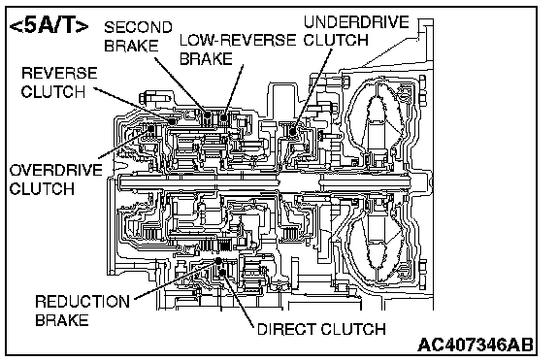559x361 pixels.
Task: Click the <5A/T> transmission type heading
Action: [49, 27]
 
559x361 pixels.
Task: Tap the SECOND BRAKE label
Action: [138, 36]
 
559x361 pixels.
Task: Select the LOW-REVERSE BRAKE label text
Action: [238, 49]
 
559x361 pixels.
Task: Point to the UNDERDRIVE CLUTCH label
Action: [356, 31]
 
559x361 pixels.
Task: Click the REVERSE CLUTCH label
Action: [59, 82]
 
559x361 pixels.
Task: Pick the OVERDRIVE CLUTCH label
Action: [56, 180]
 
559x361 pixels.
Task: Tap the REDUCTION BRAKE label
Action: [82, 311]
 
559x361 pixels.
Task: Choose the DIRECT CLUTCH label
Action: [321, 329]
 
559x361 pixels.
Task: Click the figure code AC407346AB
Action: [476, 345]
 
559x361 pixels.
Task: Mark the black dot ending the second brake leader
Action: [208, 115]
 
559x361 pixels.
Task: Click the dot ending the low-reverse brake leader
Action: [223, 117]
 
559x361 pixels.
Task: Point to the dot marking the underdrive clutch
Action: [293, 132]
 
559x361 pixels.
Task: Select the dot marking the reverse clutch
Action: [172, 121]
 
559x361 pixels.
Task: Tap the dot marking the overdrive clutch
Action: [150, 129]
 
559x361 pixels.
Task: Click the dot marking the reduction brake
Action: [218, 261]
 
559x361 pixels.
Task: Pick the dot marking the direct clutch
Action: [222, 273]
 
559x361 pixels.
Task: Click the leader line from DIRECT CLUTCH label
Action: [238, 300]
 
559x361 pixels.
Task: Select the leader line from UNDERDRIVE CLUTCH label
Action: [312, 90]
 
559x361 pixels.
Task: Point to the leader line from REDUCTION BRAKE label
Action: [176, 280]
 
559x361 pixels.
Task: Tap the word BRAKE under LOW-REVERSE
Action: [206, 59]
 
